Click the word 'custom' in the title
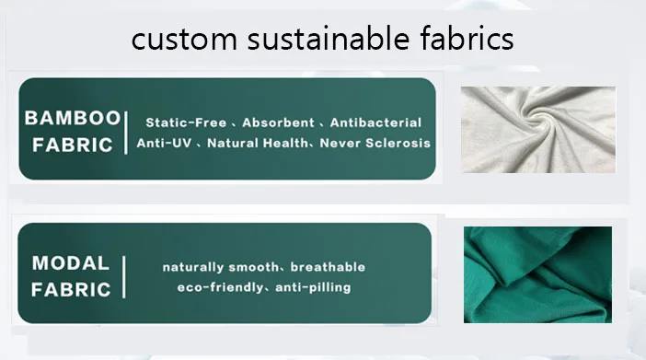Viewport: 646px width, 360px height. click(x=184, y=40)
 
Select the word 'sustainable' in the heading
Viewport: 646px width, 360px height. click(x=329, y=38)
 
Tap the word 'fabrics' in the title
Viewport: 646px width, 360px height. click(x=467, y=38)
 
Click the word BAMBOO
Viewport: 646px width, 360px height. click(x=73, y=118)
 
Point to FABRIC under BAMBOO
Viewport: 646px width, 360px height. click(x=73, y=145)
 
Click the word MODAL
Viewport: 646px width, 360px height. click(x=71, y=263)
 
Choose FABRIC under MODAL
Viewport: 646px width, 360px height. click(x=71, y=289)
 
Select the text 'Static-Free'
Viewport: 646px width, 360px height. click(x=186, y=122)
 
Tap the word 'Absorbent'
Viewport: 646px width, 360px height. click(x=278, y=122)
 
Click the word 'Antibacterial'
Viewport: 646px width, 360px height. click(x=375, y=122)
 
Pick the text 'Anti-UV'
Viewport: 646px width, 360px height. click(x=164, y=143)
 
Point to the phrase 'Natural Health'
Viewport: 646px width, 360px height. click(x=257, y=143)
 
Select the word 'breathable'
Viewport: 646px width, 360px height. click(x=328, y=267)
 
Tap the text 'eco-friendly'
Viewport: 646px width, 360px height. click(x=220, y=287)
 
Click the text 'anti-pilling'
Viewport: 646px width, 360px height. click(x=313, y=287)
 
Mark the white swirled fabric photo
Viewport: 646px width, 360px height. click(x=538, y=130)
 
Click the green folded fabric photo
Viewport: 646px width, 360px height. click(x=537, y=274)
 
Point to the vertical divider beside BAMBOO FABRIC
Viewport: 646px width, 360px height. click(x=126, y=133)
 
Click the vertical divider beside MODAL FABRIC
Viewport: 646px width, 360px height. click(x=124, y=277)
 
